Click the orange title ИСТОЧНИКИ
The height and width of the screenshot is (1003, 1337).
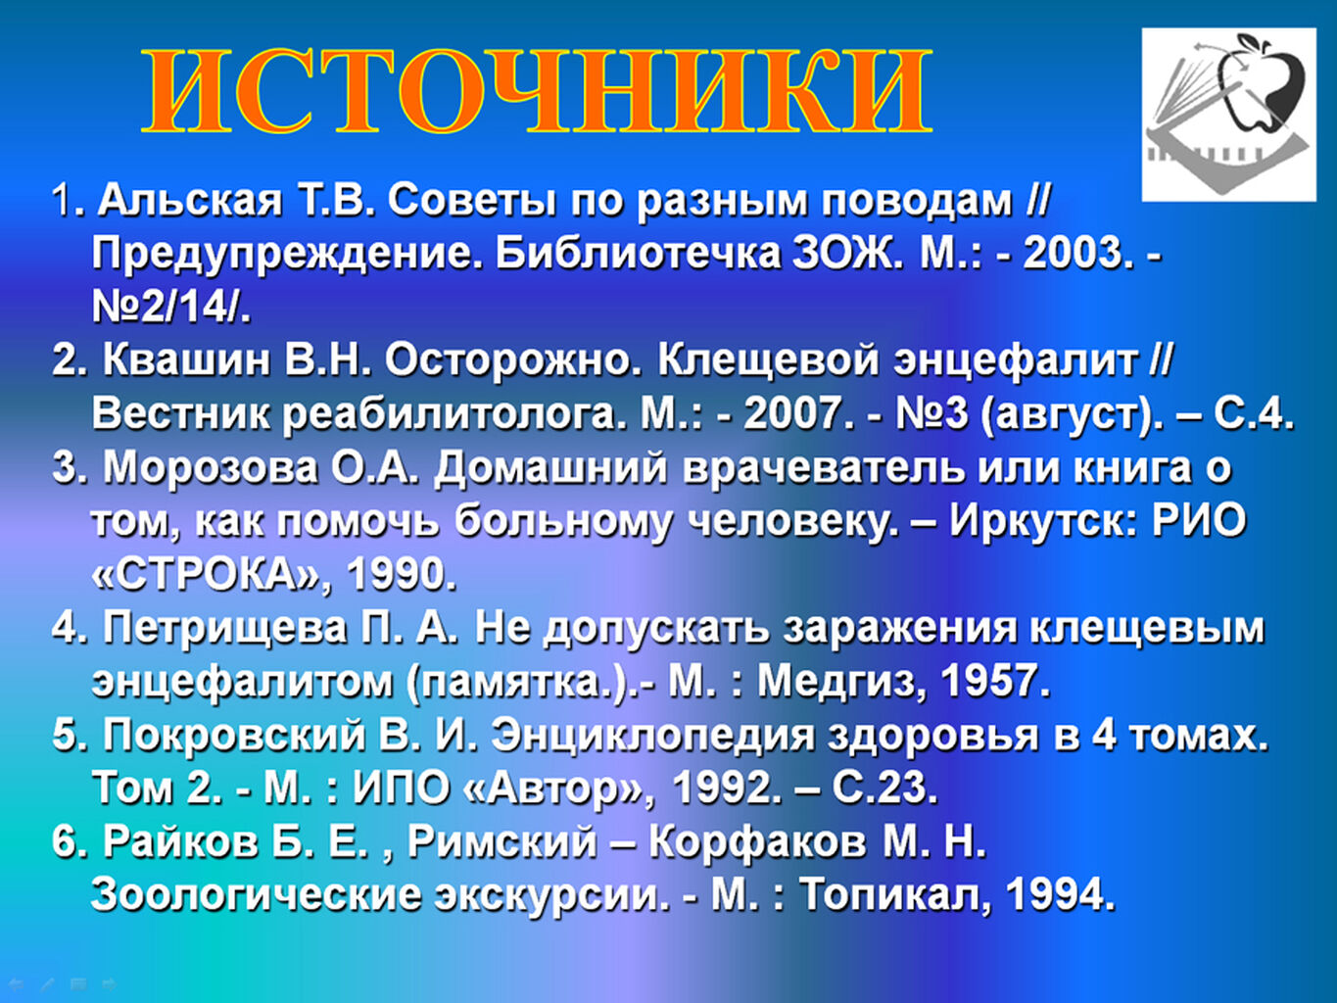[x=537, y=91]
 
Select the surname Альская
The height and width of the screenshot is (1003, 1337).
[x=190, y=200]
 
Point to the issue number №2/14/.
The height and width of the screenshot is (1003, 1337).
[x=171, y=307]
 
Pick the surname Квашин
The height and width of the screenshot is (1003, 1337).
[x=186, y=359]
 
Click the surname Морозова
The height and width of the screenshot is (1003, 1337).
[x=211, y=467]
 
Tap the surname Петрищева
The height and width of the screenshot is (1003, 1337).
[x=224, y=628]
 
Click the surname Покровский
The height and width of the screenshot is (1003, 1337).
[x=234, y=735]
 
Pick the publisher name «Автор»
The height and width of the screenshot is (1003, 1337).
[x=558, y=788]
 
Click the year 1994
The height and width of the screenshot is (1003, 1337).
[x=1059, y=894]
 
